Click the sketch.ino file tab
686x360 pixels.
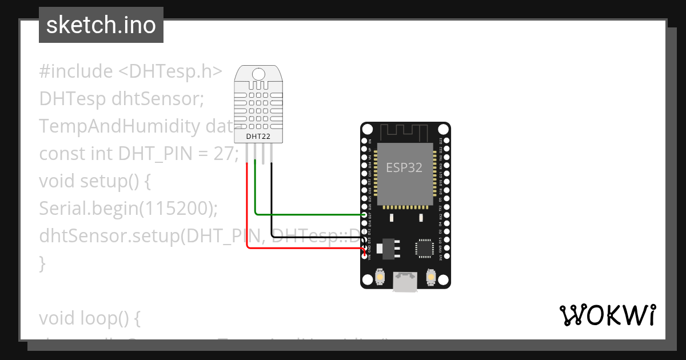pos(101,25)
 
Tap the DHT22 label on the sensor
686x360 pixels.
pos(258,137)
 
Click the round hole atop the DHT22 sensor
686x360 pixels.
pos(258,74)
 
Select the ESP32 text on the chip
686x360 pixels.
pos(404,167)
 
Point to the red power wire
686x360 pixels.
pos(247,217)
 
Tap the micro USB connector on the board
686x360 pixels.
pos(405,281)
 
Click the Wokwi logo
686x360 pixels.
pos(607,315)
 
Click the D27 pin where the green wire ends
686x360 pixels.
pos(365,214)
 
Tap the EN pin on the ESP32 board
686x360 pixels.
pos(365,141)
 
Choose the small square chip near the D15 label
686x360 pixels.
pos(424,247)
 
